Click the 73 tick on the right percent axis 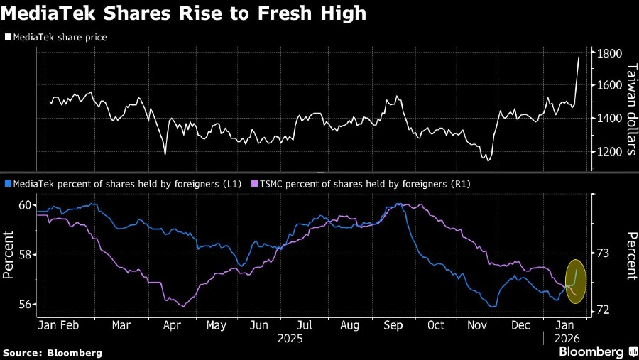click(602, 253)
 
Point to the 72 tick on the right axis click(602, 310)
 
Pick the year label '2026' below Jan click(567, 339)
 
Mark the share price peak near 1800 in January click(578, 58)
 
